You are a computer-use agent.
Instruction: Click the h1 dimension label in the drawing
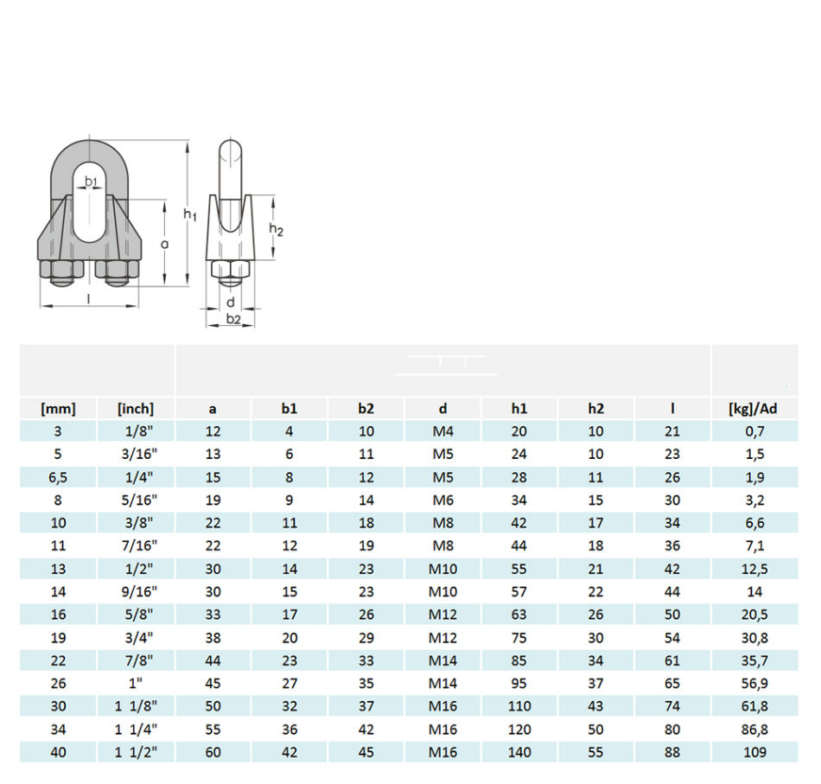click(x=190, y=214)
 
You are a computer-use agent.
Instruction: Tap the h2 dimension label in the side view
click(x=276, y=229)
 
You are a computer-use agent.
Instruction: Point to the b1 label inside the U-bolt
click(x=91, y=182)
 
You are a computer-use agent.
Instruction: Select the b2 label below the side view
click(x=233, y=318)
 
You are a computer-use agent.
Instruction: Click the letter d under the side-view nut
click(x=231, y=303)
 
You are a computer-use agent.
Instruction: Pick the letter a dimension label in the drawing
click(x=165, y=244)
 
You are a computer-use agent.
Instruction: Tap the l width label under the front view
click(x=88, y=298)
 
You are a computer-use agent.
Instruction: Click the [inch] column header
click(x=136, y=409)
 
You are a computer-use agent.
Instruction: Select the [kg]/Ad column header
click(x=754, y=409)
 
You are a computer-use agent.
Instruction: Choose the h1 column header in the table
click(x=519, y=409)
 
